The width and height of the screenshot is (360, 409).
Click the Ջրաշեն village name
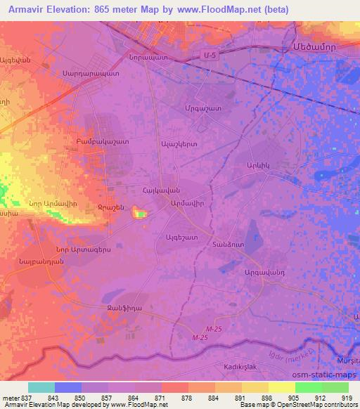112,207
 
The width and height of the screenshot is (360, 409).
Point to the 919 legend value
347,397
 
